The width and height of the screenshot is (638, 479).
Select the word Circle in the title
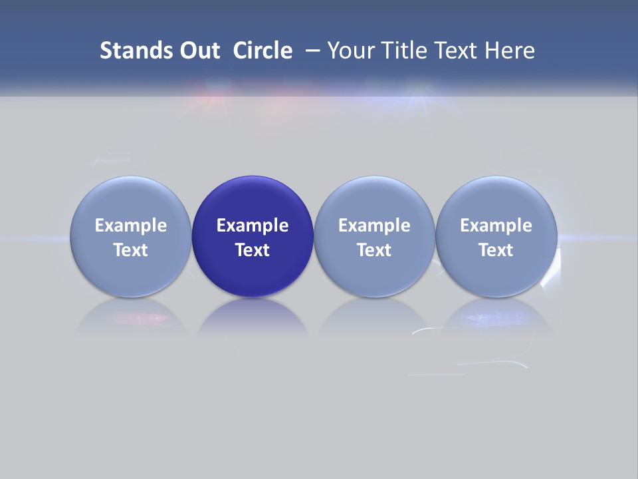(263, 51)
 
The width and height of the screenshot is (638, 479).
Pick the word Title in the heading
(405, 51)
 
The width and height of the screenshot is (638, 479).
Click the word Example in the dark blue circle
(253, 226)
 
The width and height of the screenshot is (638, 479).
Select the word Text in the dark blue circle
(253, 250)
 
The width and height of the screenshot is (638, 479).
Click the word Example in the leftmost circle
(131, 226)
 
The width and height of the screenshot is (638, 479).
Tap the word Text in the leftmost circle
(131, 250)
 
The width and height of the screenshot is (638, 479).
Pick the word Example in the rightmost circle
(496, 226)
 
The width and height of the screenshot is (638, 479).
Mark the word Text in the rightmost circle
(496, 250)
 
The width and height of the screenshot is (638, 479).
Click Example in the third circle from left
(374, 226)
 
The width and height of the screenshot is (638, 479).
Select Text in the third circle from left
(374, 250)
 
